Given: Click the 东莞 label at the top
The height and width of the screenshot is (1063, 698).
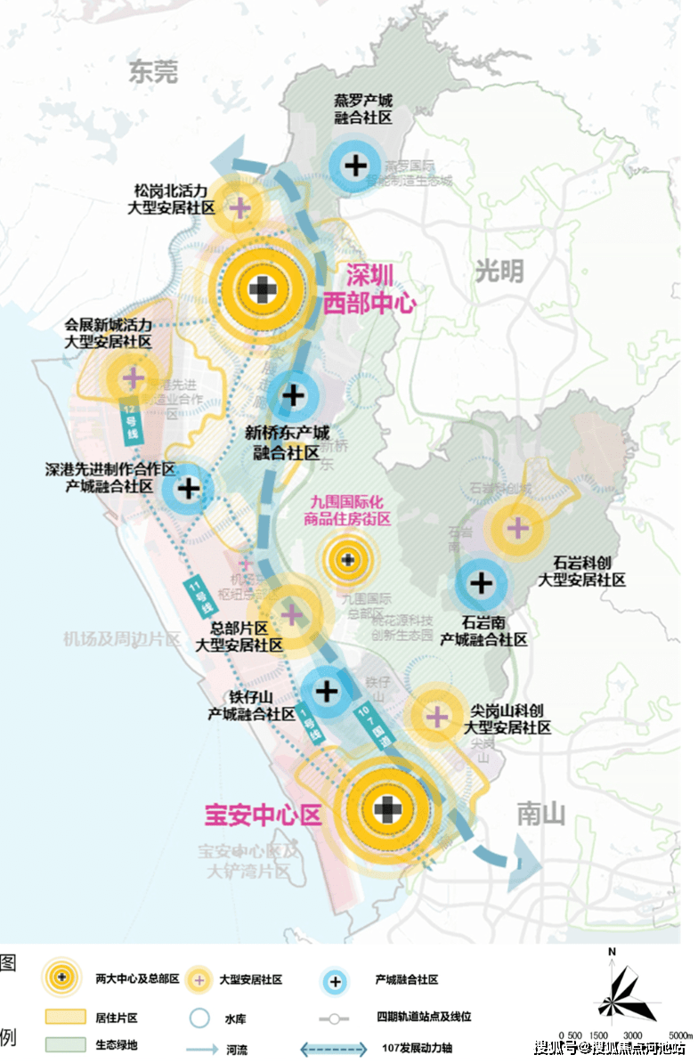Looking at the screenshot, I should tap(153, 71).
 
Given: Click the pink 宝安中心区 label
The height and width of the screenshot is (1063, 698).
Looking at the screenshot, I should tap(263, 814).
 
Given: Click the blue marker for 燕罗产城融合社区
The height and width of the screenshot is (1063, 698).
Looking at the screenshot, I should tap(355, 165).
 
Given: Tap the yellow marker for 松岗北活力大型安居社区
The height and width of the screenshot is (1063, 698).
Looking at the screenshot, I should tap(239, 207).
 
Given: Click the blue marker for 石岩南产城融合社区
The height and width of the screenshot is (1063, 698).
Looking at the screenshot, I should tap(482, 584).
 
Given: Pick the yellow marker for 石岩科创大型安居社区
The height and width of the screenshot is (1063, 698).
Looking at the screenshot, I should tap(517, 528).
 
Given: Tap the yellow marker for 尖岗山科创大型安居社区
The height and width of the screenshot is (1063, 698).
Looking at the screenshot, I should tap(437, 716).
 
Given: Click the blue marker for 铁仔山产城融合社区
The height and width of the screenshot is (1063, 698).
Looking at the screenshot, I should tap(327, 690).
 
